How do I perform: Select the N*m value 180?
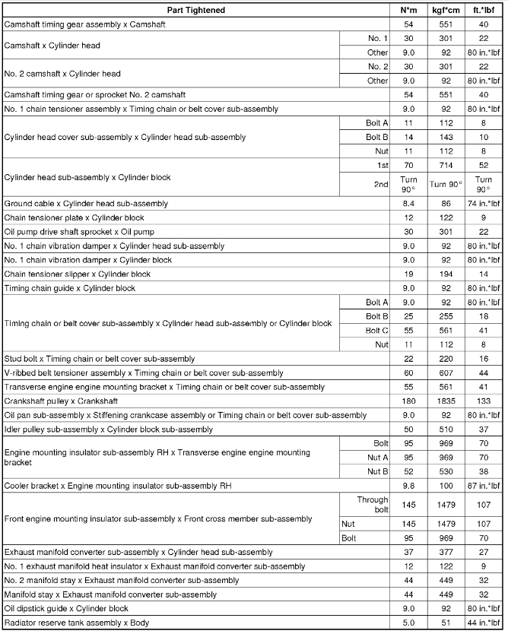(x=407, y=401)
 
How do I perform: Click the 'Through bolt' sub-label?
(x=373, y=505)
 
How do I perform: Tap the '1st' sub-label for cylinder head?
(x=381, y=164)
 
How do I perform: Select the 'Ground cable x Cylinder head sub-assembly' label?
(x=86, y=204)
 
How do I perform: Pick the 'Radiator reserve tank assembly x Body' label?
(x=75, y=623)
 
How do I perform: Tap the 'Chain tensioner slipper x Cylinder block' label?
(x=78, y=274)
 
